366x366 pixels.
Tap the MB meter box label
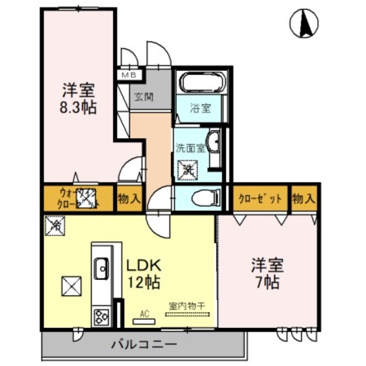(125, 74)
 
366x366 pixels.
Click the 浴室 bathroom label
(200, 108)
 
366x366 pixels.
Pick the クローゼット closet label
(260, 199)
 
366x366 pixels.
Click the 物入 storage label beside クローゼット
(304, 199)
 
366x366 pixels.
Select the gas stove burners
(101, 317)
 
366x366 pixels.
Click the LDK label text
(143, 266)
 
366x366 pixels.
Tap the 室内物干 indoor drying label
(188, 306)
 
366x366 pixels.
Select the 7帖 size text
(266, 282)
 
